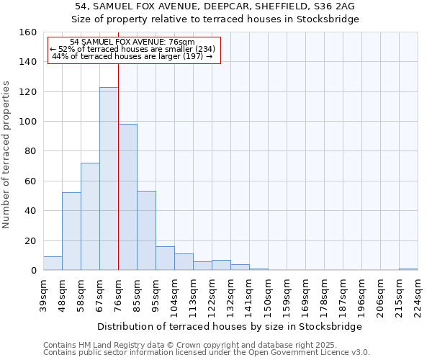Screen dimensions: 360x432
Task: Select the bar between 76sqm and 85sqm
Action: (x=127, y=197)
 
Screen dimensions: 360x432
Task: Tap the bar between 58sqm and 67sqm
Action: (x=90, y=216)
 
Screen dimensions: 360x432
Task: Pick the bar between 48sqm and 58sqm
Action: (x=71, y=231)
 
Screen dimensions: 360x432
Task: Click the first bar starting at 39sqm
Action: (x=53, y=264)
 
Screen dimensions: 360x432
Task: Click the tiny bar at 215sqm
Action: (x=408, y=269)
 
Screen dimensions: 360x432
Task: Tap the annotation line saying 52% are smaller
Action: (x=132, y=49)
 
